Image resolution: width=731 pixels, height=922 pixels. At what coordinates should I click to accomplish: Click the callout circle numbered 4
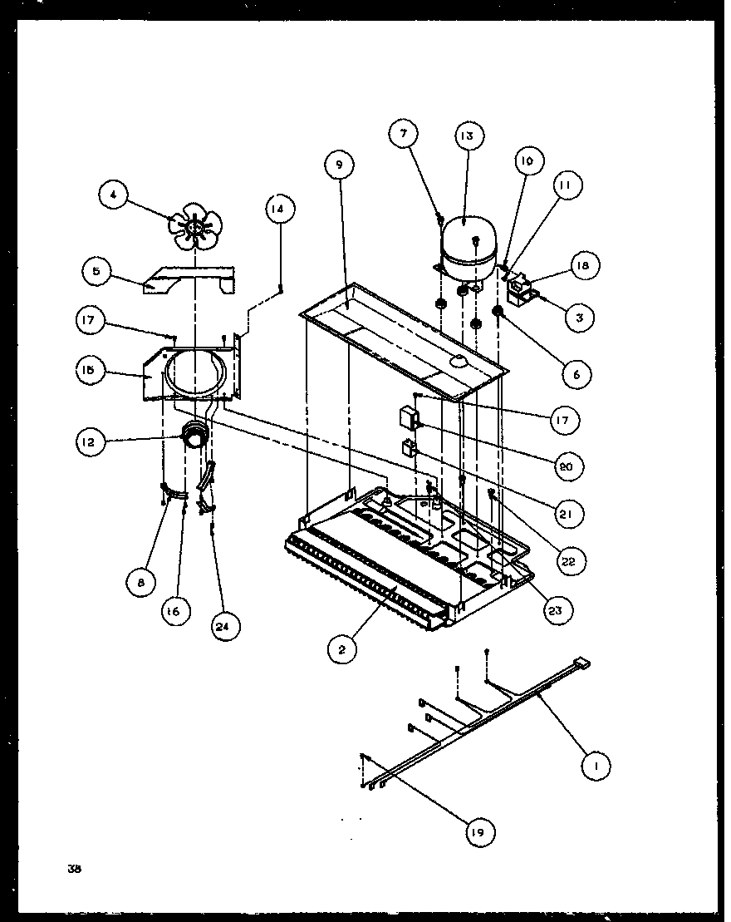point(114,196)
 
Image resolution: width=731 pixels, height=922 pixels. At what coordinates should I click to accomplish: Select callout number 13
point(468,137)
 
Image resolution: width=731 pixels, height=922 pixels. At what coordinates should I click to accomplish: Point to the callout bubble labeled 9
point(338,165)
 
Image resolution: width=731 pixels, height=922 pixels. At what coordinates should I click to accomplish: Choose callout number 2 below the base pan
point(341,649)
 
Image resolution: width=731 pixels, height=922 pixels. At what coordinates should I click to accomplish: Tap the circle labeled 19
point(480,831)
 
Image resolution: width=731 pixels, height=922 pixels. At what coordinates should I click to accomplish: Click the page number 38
point(76,870)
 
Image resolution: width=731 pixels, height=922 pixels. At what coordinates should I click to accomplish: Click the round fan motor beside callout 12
point(194,434)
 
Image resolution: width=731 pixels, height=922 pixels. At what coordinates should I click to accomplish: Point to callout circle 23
point(554,610)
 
